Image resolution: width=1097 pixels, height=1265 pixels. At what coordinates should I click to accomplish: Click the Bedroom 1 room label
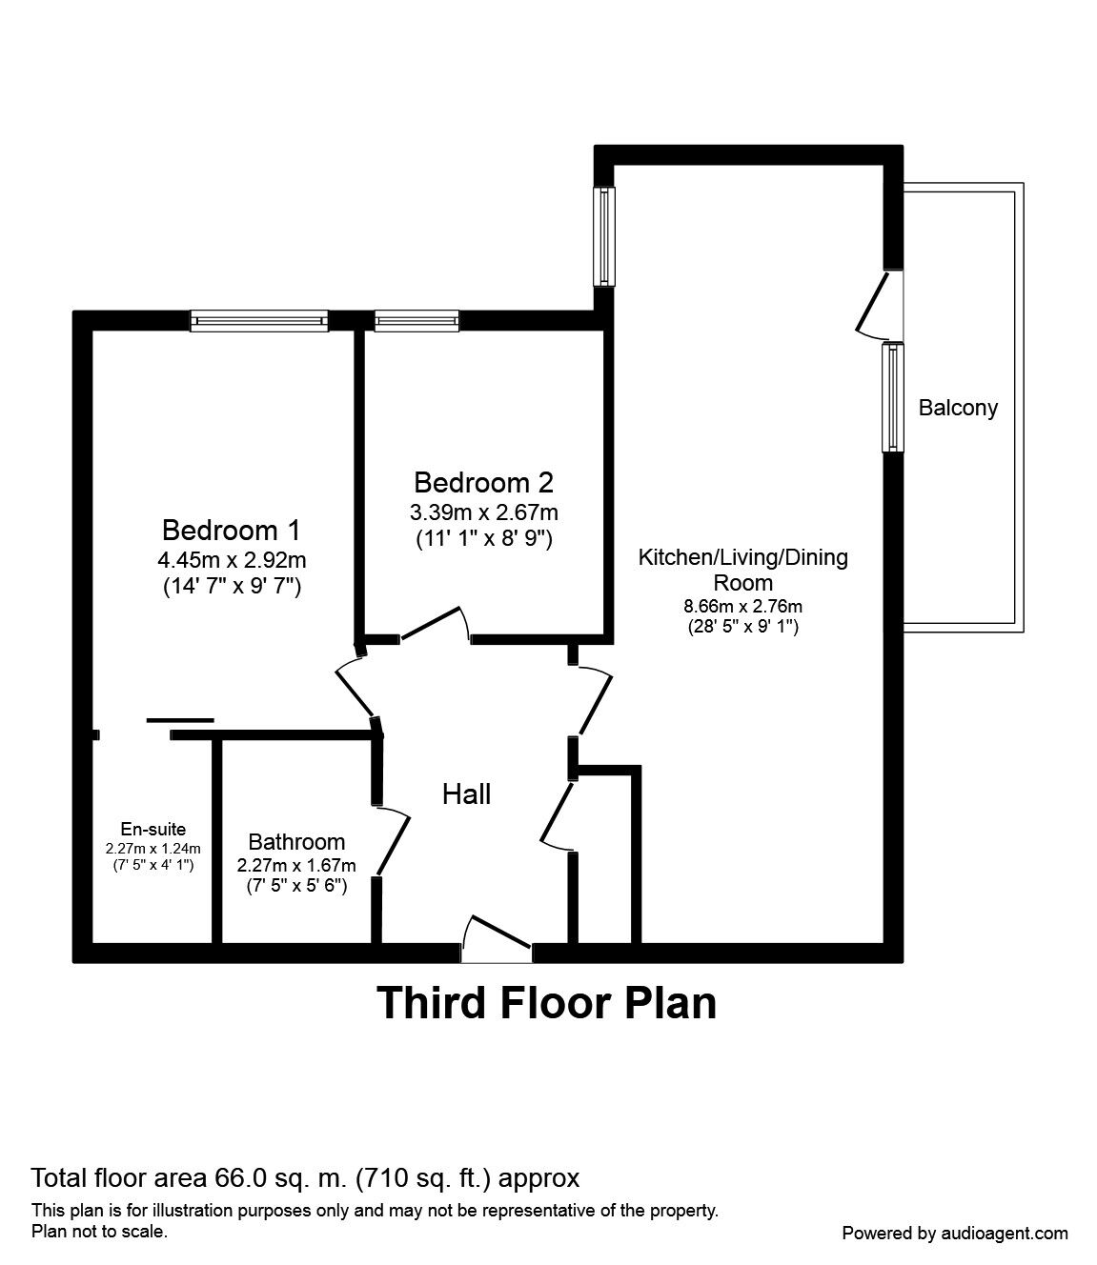(232, 529)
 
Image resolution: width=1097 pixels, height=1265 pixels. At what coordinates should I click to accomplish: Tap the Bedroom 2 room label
(484, 482)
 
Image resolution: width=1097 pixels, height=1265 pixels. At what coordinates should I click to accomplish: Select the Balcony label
(958, 408)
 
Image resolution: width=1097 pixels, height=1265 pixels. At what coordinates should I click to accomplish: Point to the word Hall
(466, 793)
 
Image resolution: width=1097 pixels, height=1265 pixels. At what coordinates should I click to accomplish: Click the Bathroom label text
(296, 842)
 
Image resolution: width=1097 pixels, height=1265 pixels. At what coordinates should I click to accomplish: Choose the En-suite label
(152, 829)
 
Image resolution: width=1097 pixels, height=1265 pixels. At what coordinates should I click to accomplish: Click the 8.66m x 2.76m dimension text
(742, 606)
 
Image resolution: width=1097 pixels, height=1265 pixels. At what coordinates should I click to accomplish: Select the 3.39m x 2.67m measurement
(484, 512)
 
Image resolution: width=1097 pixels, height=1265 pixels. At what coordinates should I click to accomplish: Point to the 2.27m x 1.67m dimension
(296, 865)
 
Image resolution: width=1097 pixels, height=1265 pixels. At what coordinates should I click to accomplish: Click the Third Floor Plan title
(547, 1003)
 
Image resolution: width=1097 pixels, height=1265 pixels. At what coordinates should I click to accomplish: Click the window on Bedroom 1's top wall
(259, 321)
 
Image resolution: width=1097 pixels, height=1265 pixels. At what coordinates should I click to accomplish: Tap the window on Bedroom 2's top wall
(416, 321)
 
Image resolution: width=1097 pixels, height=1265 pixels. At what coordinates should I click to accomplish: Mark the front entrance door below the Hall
(496, 934)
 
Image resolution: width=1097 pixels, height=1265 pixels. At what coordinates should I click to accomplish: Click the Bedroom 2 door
(434, 625)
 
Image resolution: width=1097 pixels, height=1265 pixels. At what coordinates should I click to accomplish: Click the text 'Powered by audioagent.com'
(955, 1233)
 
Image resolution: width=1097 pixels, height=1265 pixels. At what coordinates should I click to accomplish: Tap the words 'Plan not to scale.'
(100, 1232)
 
